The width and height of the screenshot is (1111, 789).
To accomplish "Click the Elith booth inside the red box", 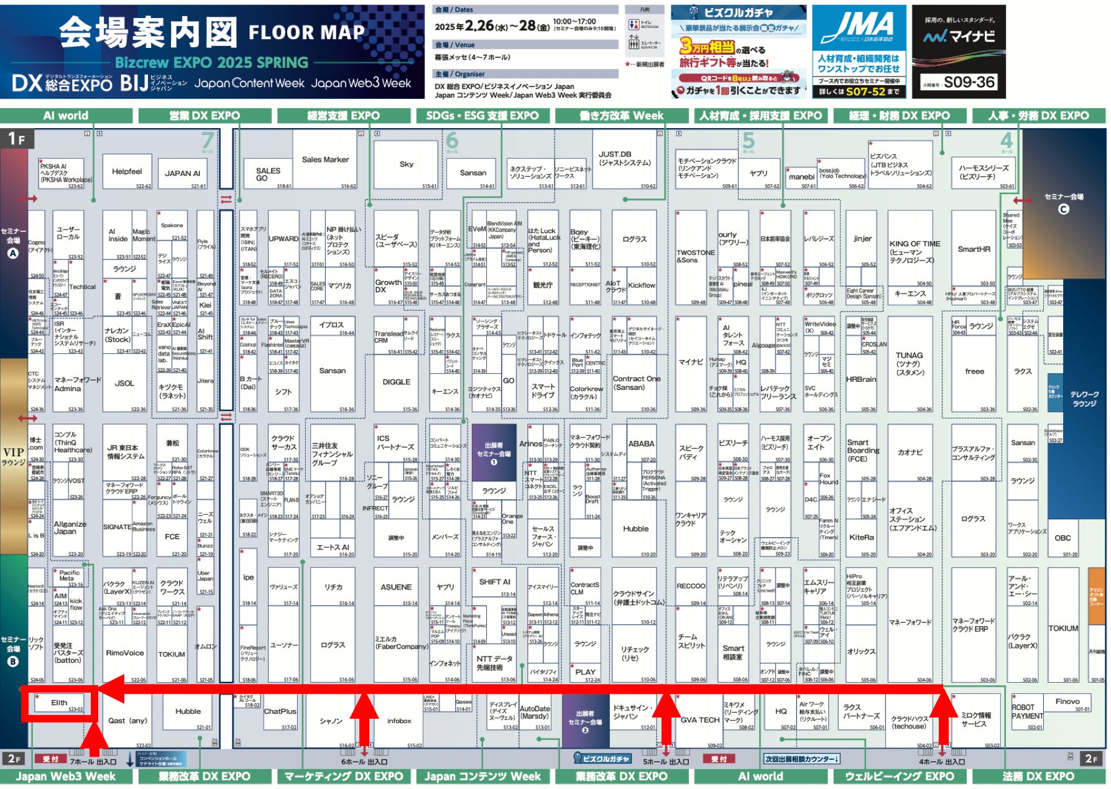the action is coord(59,703).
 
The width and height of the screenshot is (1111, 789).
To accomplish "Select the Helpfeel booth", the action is coord(127,172).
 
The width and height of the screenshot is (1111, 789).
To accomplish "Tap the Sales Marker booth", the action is coord(325,160).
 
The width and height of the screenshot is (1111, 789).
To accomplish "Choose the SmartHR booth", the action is coord(974,249).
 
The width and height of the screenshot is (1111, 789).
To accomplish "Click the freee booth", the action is coord(974,371).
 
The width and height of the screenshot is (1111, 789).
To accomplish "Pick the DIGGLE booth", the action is coord(396,382).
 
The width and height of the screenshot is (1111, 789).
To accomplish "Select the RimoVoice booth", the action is coord(124,653).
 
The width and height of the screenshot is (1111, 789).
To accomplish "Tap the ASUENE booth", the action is coord(396,587).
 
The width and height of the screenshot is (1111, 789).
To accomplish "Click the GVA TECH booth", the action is coord(699,720).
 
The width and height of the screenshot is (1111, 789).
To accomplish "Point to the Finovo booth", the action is coord(1067,701).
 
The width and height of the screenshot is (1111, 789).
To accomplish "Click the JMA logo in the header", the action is coord(859,28).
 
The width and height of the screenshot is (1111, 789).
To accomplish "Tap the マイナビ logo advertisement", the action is coord(958,37).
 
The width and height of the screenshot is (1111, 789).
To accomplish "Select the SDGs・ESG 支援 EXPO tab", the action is coord(482,116).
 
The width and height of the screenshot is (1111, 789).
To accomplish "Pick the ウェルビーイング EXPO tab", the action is coord(899,777).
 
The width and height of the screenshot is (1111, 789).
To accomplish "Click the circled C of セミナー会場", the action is coord(1064,209).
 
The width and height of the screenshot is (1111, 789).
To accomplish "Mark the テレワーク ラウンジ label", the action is coord(1084,399).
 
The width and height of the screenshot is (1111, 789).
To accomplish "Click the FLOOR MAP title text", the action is coord(307,32).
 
